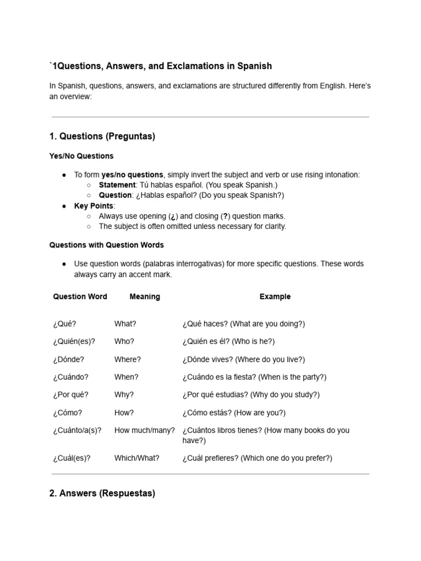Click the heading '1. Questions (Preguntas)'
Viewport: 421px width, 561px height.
102,136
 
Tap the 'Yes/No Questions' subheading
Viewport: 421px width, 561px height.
81,156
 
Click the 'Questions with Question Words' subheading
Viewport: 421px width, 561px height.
106,245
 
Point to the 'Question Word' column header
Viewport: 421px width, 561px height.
80,296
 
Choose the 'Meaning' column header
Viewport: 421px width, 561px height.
145,296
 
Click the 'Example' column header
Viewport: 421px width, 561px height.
275,296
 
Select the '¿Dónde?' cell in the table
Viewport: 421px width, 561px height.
69,359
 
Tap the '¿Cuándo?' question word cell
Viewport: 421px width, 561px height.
70,377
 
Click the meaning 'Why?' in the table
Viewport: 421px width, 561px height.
124,394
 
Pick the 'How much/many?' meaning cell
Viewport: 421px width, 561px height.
145,430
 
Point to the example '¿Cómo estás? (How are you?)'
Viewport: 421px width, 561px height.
234,413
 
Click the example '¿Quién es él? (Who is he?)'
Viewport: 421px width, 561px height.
229,341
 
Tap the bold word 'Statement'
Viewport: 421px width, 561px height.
117,185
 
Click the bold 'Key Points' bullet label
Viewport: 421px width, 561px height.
94,205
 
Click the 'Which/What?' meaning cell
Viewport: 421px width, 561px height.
137,457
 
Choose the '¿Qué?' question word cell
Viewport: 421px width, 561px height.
65,324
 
